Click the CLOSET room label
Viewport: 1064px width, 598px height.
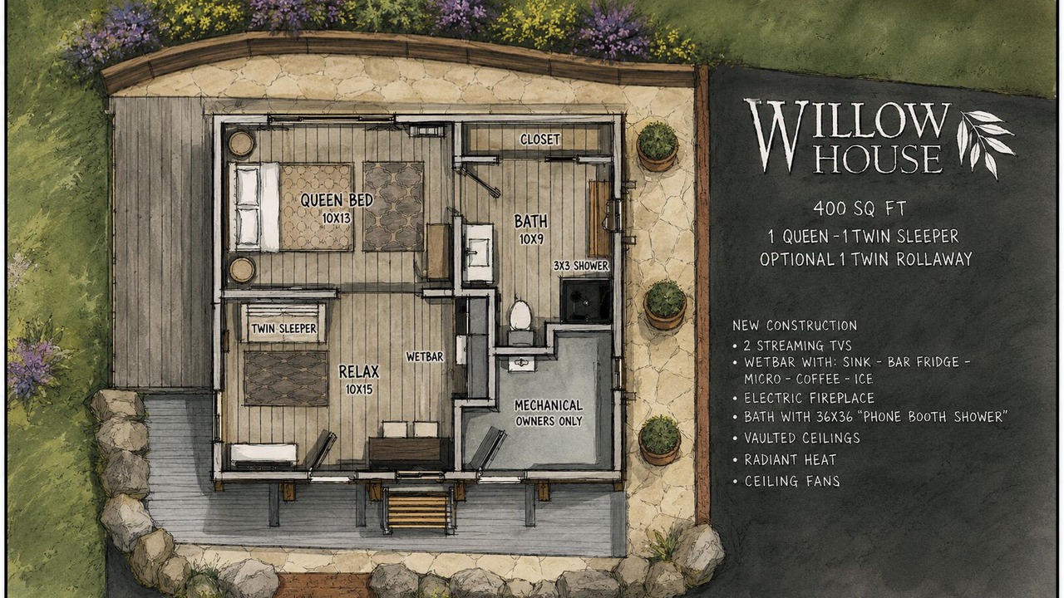click(x=540, y=140)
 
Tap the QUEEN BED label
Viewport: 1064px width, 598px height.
click(x=337, y=200)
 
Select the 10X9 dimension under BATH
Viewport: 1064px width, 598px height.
click(x=531, y=239)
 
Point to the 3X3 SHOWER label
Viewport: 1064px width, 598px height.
click(x=581, y=266)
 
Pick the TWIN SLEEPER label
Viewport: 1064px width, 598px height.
click(x=283, y=328)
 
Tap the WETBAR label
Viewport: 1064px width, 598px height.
click(x=425, y=356)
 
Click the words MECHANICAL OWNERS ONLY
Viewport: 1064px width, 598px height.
click(x=549, y=413)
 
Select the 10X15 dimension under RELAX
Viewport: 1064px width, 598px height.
click(x=359, y=390)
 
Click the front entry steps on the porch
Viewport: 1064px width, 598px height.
click(x=417, y=510)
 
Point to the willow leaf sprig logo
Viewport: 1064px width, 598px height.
click(x=984, y=142)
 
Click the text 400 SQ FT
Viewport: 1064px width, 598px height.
click(x=860, y=208)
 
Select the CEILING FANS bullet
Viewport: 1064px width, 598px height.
click(x=786, y=481)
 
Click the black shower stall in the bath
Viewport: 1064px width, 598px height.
click(x=585, y=301)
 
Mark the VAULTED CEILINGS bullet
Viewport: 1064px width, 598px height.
click(x=796, y=438)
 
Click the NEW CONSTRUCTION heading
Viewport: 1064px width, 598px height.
click(x=795, y=326)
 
